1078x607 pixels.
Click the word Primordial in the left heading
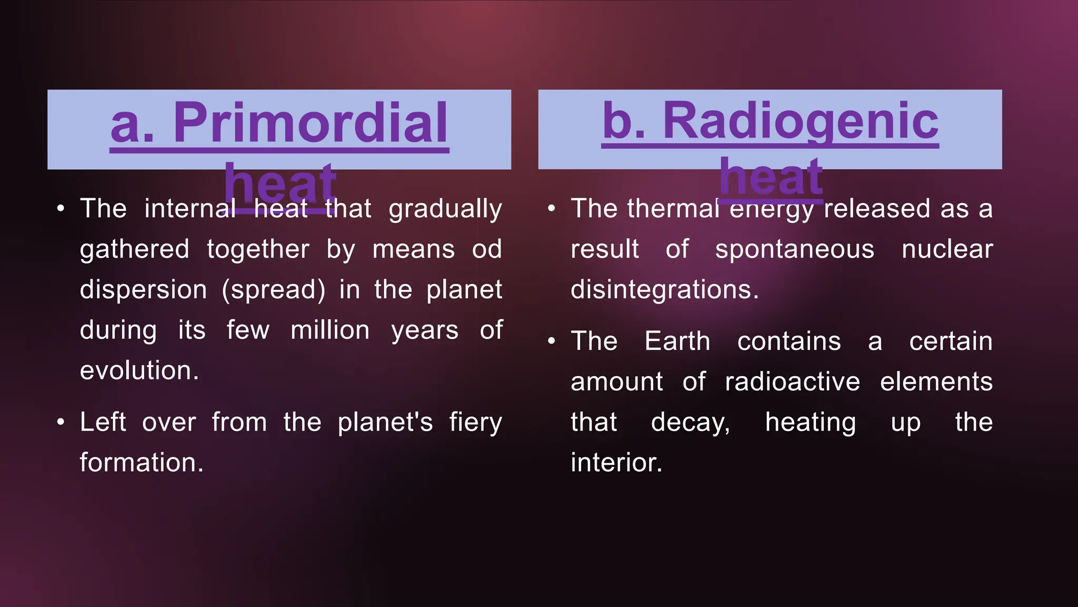point(310,123)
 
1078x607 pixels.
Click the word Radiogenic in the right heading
point(800,121)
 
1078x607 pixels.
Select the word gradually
point(445,209)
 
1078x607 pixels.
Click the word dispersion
point(143,289)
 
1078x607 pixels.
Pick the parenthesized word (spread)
point(274,289)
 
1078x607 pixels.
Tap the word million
point(330,330)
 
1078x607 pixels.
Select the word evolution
point(139,370)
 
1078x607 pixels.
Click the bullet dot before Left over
point(61,422)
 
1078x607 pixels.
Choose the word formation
point(141,462)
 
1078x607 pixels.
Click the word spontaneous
point(794,249)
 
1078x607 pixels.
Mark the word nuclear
point(947,249)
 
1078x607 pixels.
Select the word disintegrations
point(664,289)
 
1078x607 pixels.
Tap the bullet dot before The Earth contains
point(552,341)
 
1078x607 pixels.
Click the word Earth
point(677,341)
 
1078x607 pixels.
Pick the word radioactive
point(792,381)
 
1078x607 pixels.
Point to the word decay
point(690,422)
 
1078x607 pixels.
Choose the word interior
point(616,462)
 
